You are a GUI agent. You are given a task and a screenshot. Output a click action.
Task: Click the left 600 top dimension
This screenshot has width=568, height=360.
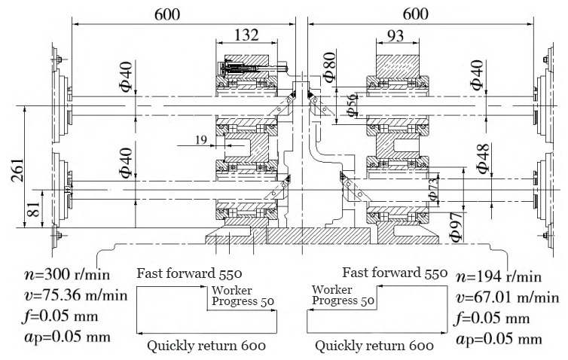coord(174,12)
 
